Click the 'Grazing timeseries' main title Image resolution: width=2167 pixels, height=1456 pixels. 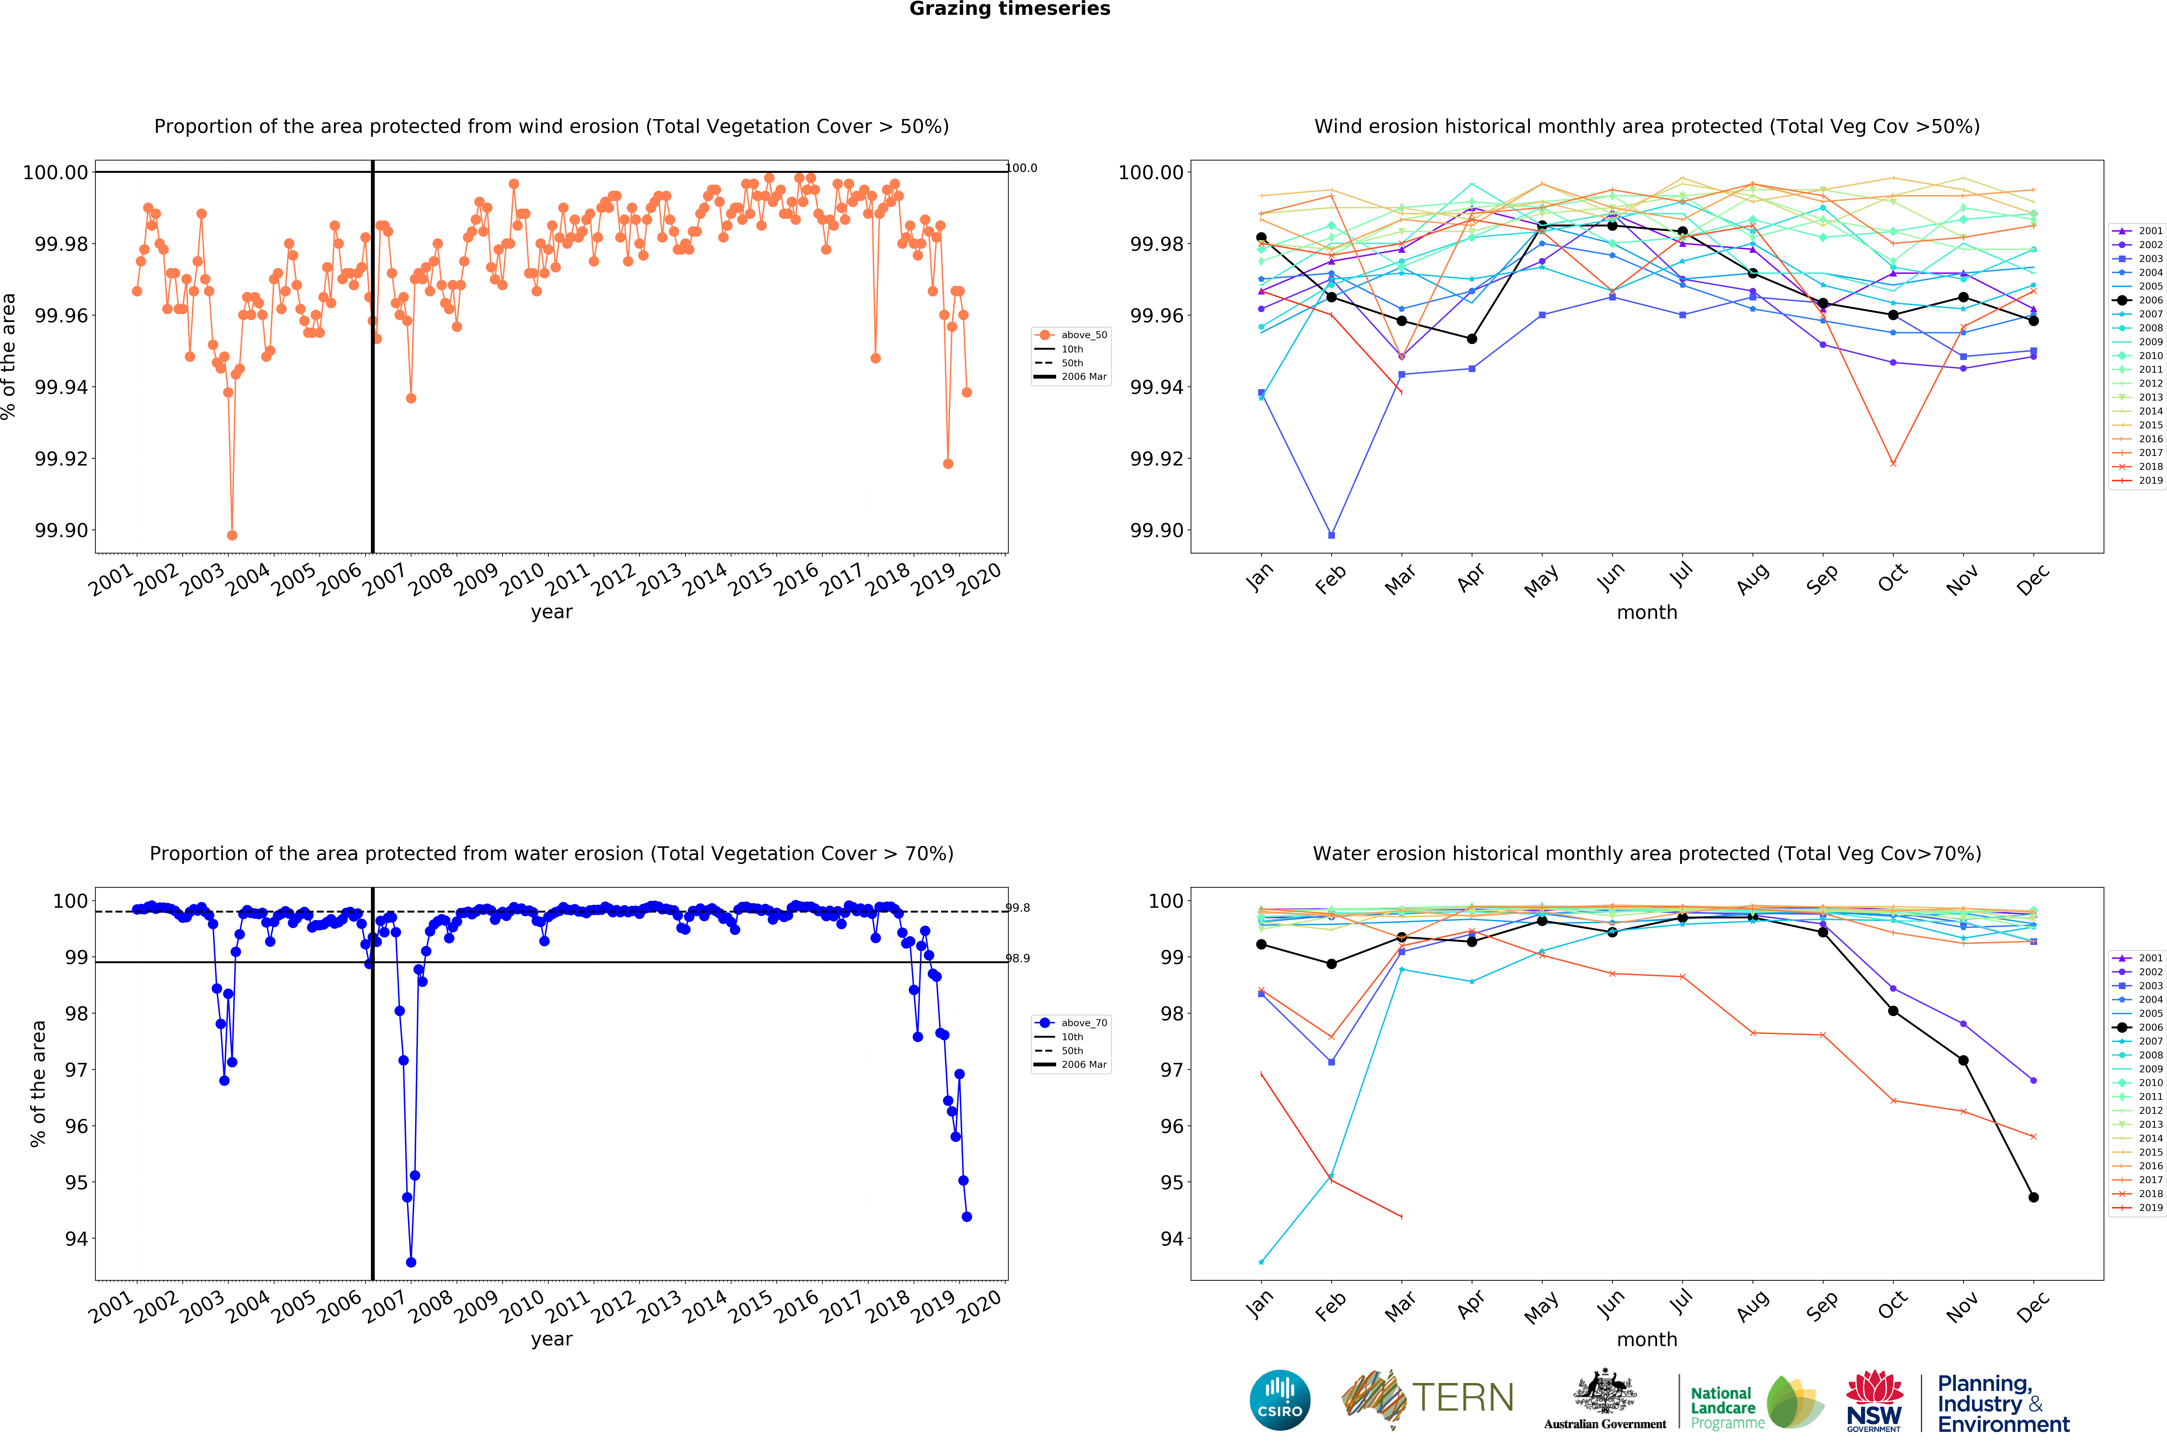tap(1009, 9)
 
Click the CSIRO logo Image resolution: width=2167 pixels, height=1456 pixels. tap(1279, 1400)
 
